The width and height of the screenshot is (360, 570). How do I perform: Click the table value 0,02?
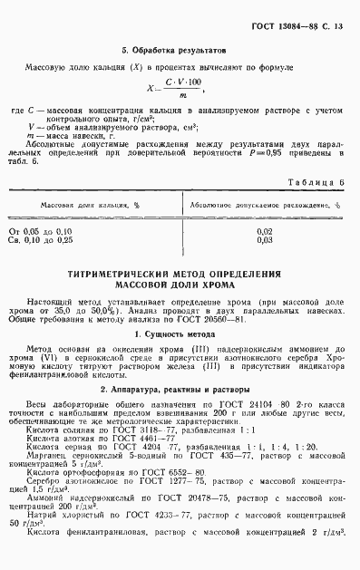coord(265,232)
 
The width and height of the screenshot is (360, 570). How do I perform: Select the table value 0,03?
coord(265,241)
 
